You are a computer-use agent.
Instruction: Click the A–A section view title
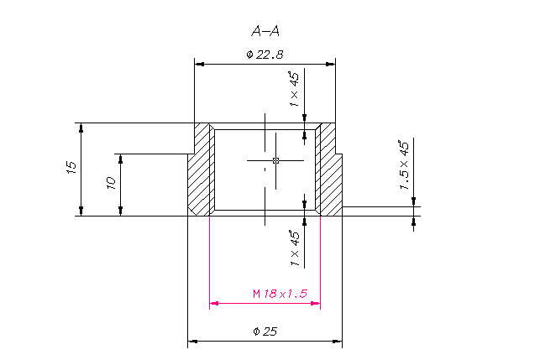click(x=265, y=31)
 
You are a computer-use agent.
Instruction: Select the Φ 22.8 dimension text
click(x=265, y=55)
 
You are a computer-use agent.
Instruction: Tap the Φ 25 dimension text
click(x=265, y=331)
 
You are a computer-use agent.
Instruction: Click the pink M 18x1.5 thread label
click(x=280, y=294)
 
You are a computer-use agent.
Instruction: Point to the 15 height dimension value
click(x=71, y=167)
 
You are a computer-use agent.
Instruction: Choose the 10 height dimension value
click(x=111, y=183)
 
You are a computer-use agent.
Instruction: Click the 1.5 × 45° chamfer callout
click(x=404, y=164)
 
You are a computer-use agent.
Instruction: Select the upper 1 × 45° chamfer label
click(x=295, y=89)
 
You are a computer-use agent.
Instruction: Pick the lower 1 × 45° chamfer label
click(x=295, y=248)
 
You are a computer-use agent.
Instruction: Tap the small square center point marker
click(x=275, y=160)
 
